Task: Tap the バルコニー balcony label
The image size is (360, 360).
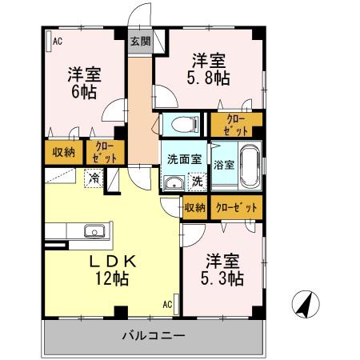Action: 154,335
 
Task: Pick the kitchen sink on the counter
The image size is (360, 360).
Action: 94,233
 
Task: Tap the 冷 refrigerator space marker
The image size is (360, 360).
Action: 94,178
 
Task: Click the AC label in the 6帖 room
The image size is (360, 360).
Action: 57,42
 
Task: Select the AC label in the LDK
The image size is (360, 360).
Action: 168,305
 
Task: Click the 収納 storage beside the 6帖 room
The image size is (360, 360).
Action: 64,151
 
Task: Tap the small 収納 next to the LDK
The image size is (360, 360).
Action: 194,207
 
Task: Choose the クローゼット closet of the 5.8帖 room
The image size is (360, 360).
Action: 235,123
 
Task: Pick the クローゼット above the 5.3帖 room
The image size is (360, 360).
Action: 238,207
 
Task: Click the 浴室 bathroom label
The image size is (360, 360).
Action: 224,166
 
